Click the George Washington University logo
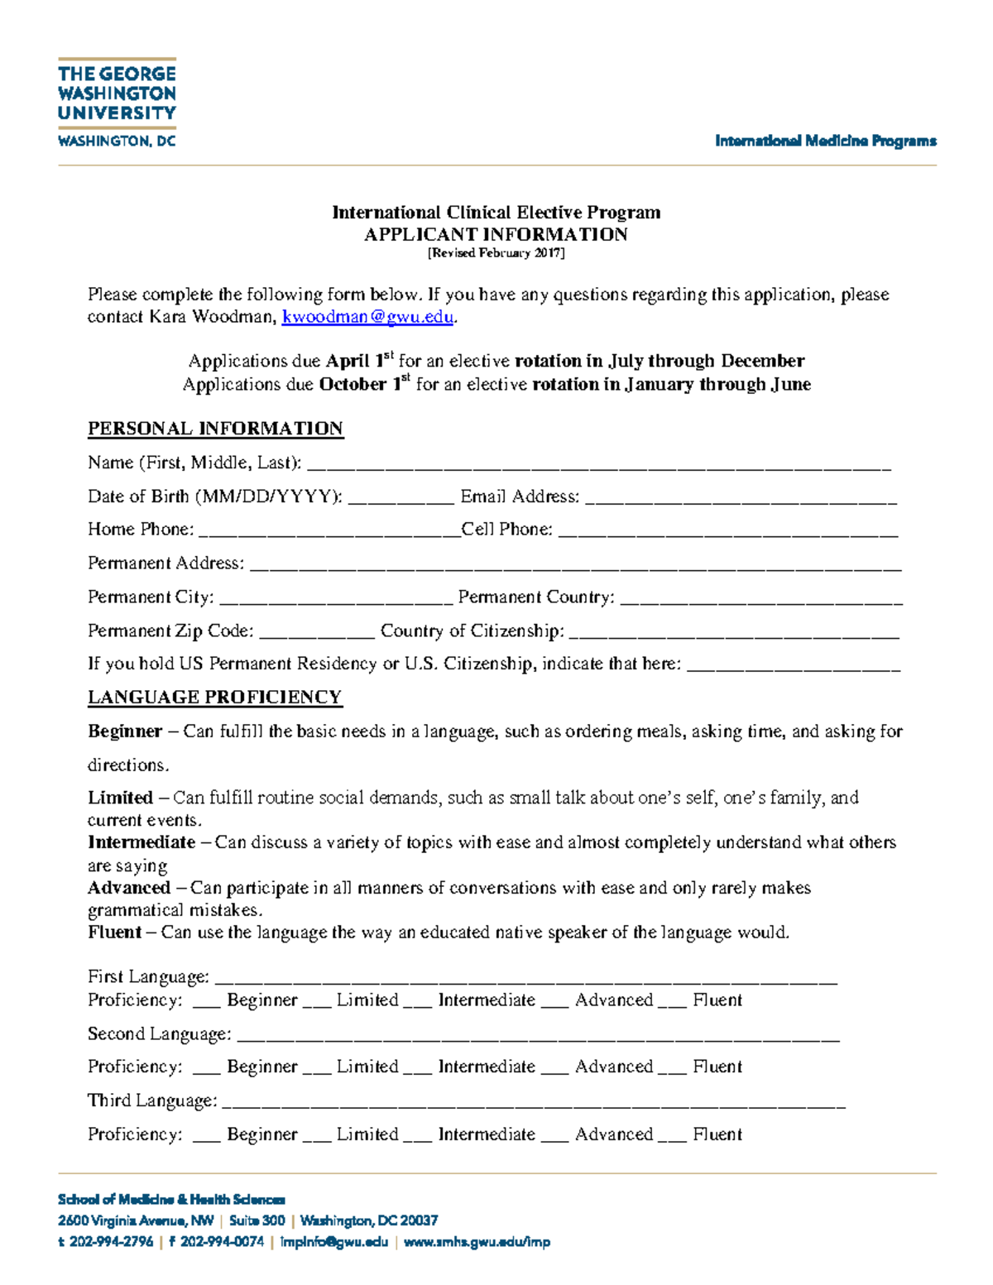click(x=117, y=103)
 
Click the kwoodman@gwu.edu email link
click(x=367, y=318)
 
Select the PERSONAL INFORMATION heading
click(x=215, y=429)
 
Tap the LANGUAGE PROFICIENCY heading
click(x=214, y=698)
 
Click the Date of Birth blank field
click(x=401, y=500)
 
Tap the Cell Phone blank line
click(x=727, y=533)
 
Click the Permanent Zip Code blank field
click(x=317, y=634)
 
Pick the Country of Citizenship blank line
click(x=734, y=634)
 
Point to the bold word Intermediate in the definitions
click(x=142, y=842)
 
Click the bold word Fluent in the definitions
click(x=114, y=933)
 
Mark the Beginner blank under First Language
click(x=206, y=1003)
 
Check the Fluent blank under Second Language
click(x=672, y=1069)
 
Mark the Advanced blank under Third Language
click(x=554, y=1137)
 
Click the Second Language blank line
click(x=538, y=1037)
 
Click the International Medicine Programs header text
click(x=825, y=141)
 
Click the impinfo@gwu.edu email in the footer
click(x=333, y=1242)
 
